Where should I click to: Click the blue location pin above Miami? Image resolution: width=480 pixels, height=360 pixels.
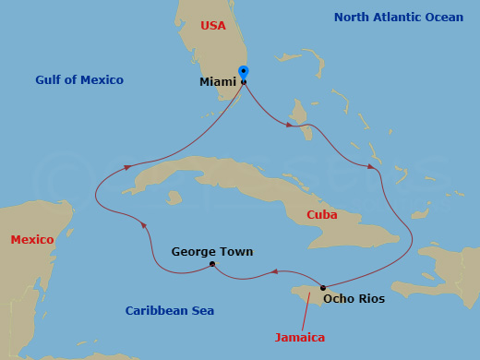244,72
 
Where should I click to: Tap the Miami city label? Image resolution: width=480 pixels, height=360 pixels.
218,82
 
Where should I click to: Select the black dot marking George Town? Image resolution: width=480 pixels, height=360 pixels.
212,265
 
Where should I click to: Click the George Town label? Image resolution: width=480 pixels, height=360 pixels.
212,251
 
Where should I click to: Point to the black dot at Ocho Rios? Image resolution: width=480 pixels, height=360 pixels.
322,288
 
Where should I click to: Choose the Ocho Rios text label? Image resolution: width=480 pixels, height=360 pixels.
354,298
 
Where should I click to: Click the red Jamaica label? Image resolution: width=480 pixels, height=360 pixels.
300,338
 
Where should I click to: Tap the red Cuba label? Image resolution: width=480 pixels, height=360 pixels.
321,215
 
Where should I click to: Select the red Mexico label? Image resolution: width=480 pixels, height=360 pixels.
32,240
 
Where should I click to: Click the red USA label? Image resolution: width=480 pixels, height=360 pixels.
213,26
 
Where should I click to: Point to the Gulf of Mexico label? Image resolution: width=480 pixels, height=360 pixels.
79,80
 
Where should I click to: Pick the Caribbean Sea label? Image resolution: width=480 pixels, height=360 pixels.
170,311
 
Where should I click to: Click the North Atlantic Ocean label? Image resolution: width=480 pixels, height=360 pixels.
399,18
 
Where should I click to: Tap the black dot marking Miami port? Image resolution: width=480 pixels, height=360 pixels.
244,82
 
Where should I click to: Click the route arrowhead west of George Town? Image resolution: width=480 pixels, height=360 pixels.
143,224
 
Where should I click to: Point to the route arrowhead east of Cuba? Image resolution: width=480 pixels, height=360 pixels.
372,167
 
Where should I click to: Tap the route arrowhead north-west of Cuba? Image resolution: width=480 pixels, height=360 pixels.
128,166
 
